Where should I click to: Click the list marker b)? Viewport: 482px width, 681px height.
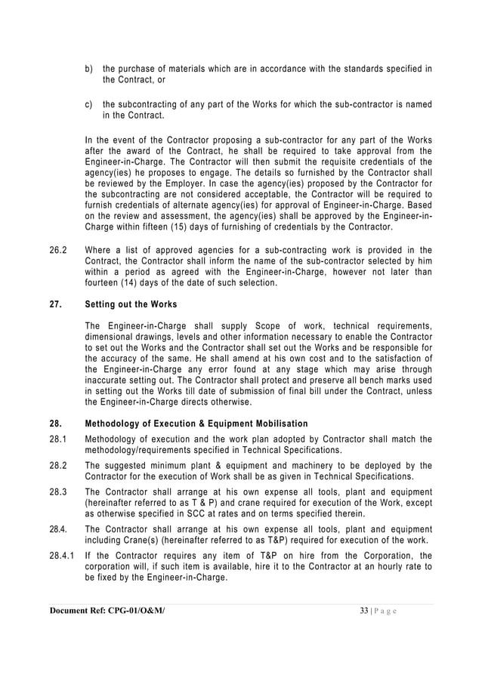(88, 70)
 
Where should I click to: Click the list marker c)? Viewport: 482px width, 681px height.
(88, 105)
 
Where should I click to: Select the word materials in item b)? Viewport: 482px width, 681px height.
(187, 70)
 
